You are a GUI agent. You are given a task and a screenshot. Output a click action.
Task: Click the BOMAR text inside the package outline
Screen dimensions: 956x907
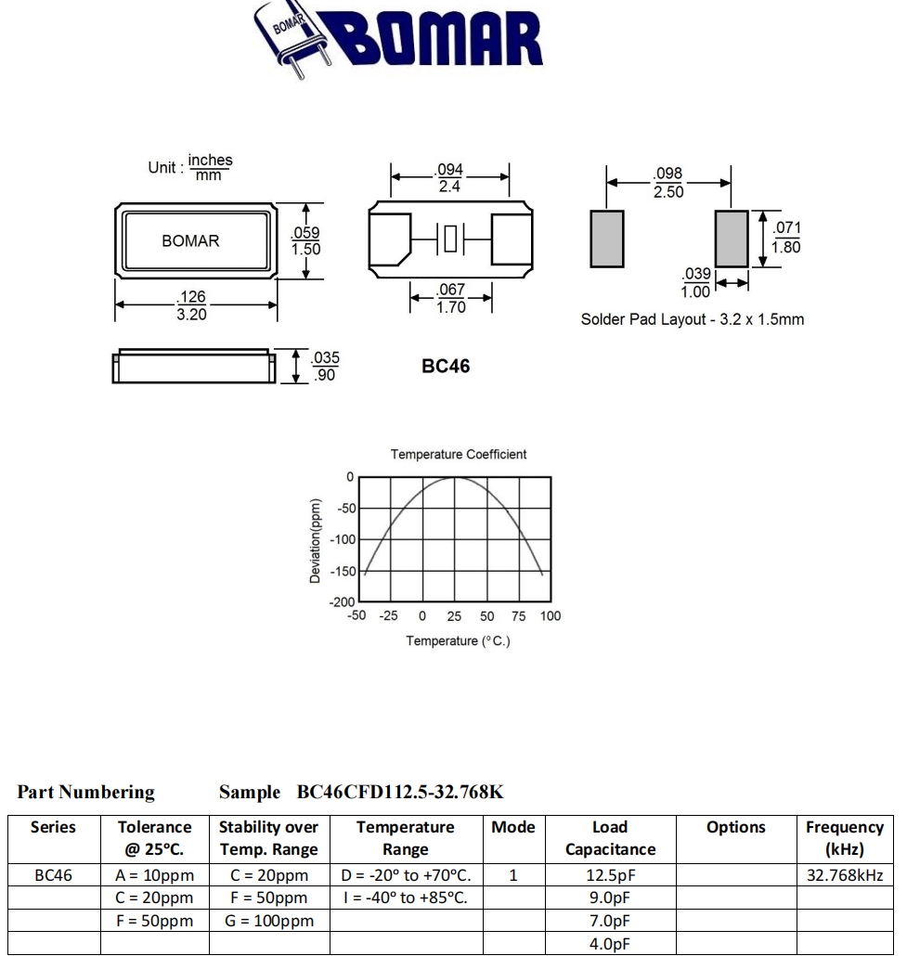click(x=190, y=240)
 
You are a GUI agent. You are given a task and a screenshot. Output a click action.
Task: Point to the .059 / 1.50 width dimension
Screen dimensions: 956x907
click(x=305, y=241)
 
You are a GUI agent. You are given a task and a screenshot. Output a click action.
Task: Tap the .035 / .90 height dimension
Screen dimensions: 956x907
click(x=324, y=367)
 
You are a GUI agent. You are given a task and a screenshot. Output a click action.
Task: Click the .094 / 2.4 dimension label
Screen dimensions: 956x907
click(x=449, y=178)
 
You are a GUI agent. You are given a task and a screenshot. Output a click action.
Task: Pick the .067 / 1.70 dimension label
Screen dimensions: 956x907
click(x=450, y=299)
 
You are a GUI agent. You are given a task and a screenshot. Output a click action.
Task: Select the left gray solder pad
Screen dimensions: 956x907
click(x=606, y=239)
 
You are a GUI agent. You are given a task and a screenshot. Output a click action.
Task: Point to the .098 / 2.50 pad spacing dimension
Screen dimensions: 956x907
click(x=668, y=183)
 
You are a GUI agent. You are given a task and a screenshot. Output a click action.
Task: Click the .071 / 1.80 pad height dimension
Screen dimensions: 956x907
click(x=784, y=238)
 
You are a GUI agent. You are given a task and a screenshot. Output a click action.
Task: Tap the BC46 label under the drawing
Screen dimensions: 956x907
click(x=446, y=367)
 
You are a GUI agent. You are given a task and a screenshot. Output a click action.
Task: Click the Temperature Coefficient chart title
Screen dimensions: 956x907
click(x=459, y=454)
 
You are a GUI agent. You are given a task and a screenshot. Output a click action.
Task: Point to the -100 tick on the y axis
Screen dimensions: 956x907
click(x=344, y=540)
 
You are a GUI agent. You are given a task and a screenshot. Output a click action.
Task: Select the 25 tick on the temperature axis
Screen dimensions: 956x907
click(x=454, y=616)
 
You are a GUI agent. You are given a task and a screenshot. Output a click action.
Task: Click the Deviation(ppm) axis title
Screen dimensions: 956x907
click(x=316, y=541)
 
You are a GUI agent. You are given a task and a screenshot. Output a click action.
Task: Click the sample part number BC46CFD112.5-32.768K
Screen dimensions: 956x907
click(x=400, y=792)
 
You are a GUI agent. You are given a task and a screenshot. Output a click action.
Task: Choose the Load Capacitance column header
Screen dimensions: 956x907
click(x=610, y=838)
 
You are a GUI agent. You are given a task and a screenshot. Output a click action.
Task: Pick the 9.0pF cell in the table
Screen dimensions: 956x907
click(x=610, y=898)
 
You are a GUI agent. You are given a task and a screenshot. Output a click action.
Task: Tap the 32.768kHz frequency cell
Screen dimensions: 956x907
click(x=845, y=874)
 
